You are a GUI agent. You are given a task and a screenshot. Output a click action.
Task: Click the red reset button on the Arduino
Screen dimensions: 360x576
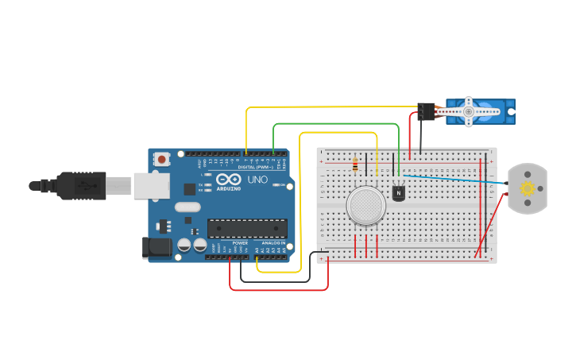162,159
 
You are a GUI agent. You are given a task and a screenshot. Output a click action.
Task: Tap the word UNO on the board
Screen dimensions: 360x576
258,180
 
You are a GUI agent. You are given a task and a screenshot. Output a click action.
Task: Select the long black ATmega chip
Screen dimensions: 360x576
247,229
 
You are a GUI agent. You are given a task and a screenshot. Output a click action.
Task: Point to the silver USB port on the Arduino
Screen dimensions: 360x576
151,185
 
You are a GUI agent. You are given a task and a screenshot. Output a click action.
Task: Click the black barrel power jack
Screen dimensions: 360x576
156,248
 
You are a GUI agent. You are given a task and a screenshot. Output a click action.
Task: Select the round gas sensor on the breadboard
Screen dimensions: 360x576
366,206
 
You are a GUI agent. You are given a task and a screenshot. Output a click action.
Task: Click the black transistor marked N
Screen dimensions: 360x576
398,192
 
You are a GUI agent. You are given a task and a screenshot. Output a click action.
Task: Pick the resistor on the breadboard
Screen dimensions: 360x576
354,166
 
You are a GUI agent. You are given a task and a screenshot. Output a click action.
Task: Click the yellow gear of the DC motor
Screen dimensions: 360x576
527,188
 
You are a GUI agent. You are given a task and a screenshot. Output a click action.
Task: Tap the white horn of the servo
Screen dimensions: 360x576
468,112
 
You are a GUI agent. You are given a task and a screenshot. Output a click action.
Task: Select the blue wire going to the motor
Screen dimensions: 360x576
453,180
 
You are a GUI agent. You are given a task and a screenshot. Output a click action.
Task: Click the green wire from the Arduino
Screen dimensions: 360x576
334,124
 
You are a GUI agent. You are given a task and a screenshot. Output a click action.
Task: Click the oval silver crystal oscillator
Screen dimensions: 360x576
187,207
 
